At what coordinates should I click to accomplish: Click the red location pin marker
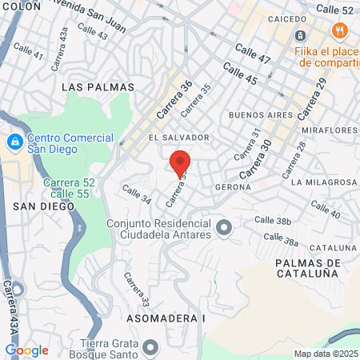click(180, 162)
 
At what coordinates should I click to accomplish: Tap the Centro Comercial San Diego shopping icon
click(14, 142)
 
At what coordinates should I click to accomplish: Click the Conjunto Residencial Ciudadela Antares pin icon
click(224, 230)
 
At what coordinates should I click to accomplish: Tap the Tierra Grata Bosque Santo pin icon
click(150, 346)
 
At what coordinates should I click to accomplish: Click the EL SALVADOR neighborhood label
click(179, 138)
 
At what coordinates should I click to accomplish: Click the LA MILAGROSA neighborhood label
click(324, 182)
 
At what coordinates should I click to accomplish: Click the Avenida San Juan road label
click(99, 18)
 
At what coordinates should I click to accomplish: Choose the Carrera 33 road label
click(136, 290)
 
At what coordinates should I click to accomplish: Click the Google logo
click(26, 350)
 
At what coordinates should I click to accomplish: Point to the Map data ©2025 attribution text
click(326, 354)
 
